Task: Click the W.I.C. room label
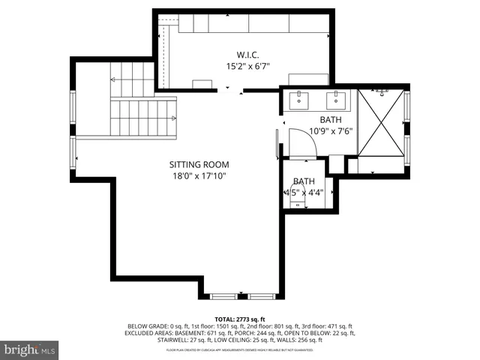point(247,54)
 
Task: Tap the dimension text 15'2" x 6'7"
point(247,66)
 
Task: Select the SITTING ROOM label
point(199,164)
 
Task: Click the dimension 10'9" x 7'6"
point(331,131)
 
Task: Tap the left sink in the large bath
point(303,96)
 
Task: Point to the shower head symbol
point(383,91)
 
